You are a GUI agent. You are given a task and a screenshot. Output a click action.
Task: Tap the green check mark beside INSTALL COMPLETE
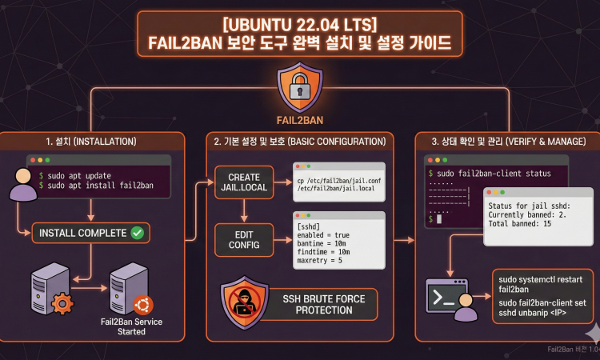137,233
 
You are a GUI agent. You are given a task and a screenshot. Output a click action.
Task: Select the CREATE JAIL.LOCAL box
244,181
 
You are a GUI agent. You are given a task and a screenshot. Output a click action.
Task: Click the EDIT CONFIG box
244,238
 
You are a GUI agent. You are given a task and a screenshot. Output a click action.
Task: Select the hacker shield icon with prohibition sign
245,302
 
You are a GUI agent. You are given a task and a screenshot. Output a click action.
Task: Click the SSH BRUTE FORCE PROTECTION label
323,304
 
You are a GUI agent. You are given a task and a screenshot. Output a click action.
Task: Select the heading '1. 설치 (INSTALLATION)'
92,142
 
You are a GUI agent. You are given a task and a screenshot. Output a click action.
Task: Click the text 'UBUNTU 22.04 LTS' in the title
299,22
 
